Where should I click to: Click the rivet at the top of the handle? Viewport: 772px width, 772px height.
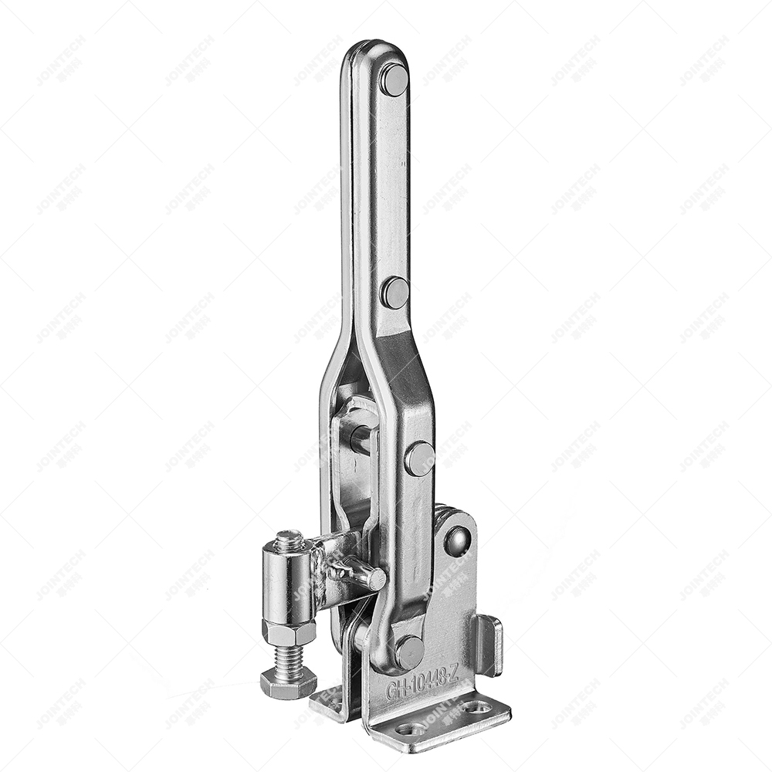coord(394,80)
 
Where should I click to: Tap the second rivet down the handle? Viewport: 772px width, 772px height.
coord(395,293)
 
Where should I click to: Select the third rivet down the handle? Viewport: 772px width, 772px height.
coord(419,459)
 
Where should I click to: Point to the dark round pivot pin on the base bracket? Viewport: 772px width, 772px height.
coord(457,541)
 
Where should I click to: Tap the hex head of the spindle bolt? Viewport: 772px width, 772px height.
coord(288,682)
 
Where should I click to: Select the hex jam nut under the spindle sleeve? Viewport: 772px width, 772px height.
coord(289,631)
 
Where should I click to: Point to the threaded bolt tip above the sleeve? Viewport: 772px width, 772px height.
coord(289,540)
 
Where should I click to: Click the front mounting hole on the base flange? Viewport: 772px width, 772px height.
coord(410,728)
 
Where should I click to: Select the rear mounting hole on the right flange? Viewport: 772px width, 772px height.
coord(476,706)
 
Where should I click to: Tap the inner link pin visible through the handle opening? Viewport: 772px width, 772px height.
coord(361,438)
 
